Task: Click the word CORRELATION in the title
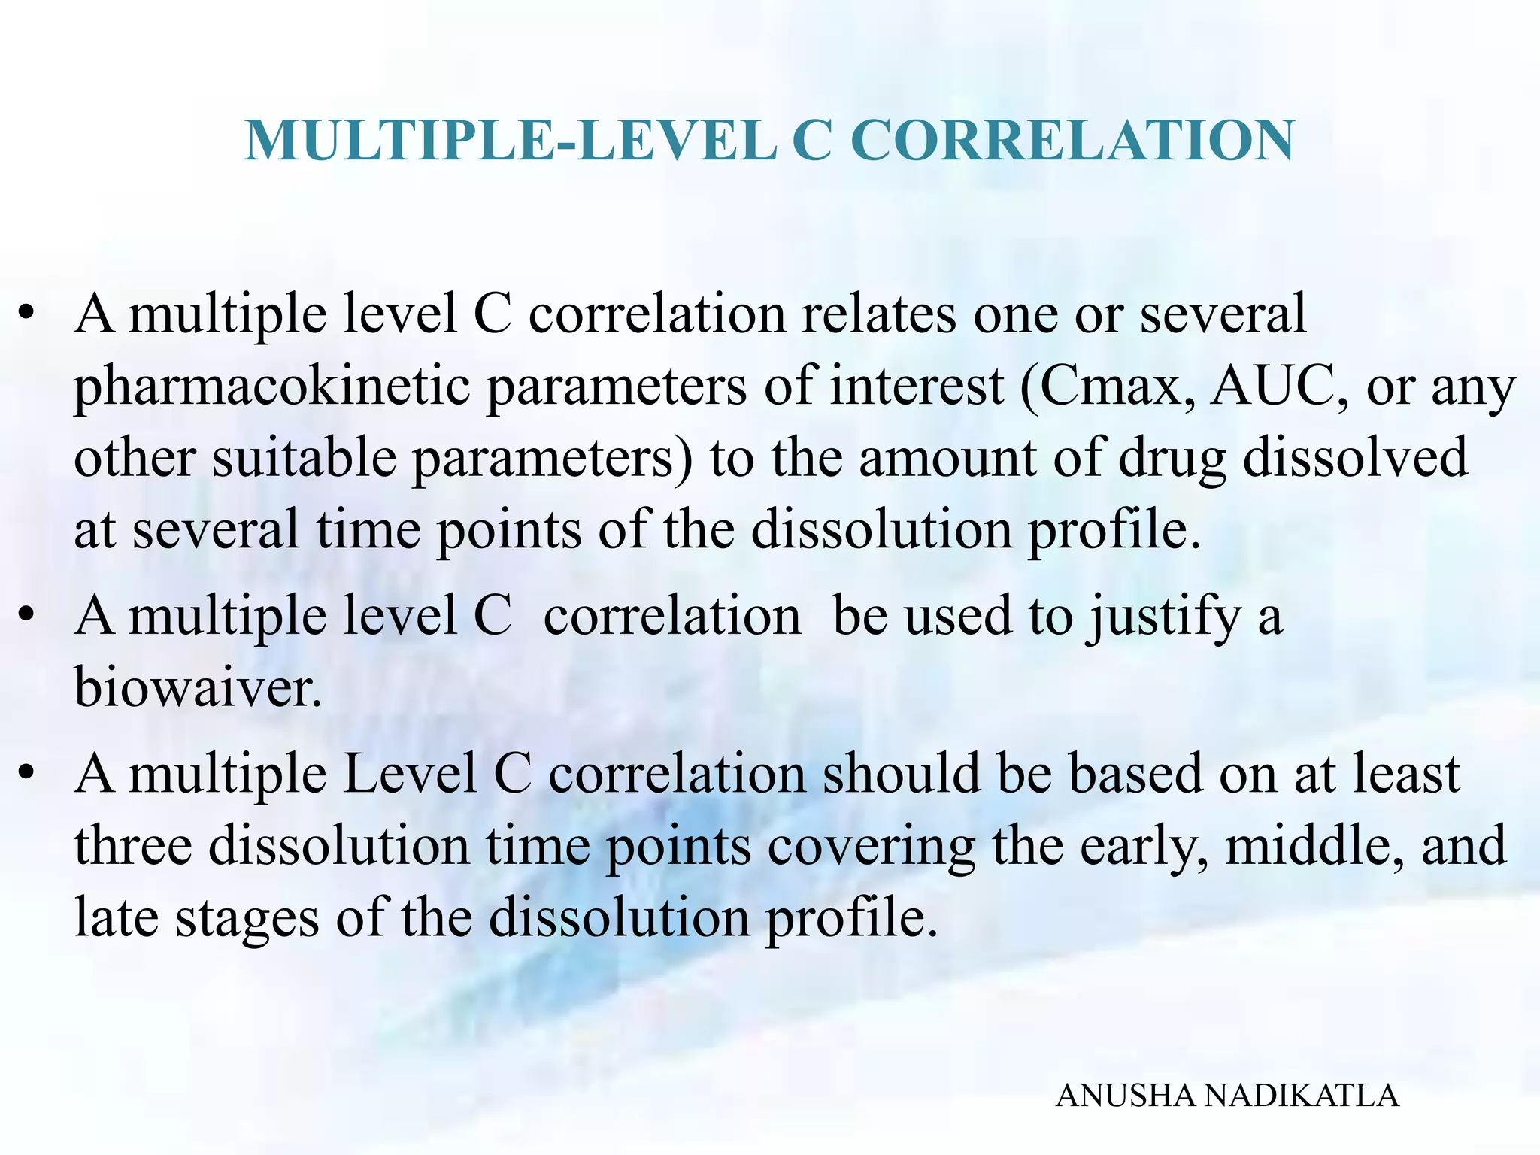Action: [1073, 141]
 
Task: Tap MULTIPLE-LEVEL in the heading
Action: [511, 141]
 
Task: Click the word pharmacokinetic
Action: [271, 387]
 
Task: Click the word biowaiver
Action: [197, 687]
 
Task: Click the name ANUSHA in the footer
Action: [1125, 1096]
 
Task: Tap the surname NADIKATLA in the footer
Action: [1302, 1096]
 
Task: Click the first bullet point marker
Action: [27, 314]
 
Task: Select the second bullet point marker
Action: [27, 617]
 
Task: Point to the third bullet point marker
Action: [27, 775]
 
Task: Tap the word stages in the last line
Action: [247, 918]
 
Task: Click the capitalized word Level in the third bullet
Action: [410, 775]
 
